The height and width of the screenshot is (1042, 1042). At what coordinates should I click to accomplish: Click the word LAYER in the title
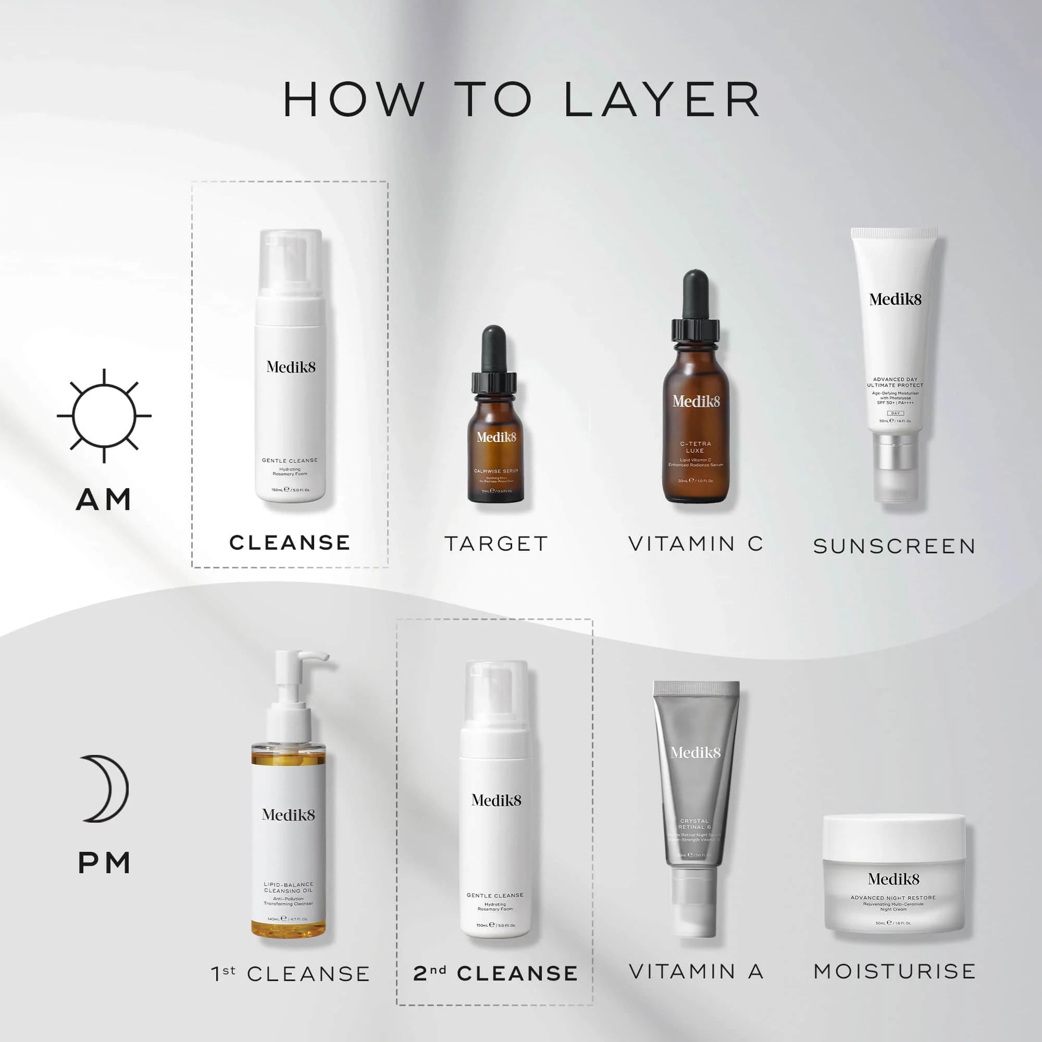pyautogui.click(x=662, y=100)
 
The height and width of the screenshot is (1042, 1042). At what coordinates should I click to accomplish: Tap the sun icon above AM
pyautogui.click(x=104, y=416)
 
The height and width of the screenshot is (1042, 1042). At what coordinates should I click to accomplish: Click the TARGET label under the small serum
pyautogui.click(x=496, y=543)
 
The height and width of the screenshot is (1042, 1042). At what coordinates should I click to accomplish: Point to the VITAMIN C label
pyautogui.click(x=696, y=543)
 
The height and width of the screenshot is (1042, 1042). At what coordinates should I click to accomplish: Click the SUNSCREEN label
pyautogui.click(x=894, y=547)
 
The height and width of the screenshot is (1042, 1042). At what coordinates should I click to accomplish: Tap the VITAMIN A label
pyautogui.click(x=696, y=971)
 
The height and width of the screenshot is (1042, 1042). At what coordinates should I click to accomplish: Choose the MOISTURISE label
pyautogui.click(x=894, y=971)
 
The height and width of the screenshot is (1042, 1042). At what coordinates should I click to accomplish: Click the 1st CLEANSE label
pyautogui.click(x=290, y=974)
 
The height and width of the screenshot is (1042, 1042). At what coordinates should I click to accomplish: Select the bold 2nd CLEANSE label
pyautogui.click(x=495, y=974)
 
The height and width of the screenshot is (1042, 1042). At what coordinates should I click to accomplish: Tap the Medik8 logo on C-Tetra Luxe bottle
pyautogui.click(x=696, y=401)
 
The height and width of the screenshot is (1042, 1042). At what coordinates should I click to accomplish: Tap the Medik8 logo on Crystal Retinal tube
pyautogui.click(x=695, y=752)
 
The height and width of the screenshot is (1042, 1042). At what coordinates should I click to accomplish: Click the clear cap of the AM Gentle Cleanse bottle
pyautogui.click(x=291, y=262)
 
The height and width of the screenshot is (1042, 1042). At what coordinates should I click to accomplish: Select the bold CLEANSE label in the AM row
pyautogui.click(x=290, y=542)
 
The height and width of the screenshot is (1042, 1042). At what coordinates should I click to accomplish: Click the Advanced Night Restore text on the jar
pyautogui.click(x=893, y=898)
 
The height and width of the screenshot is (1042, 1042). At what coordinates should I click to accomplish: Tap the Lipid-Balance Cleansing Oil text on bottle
pyautogui.click(x=289, y=887)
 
